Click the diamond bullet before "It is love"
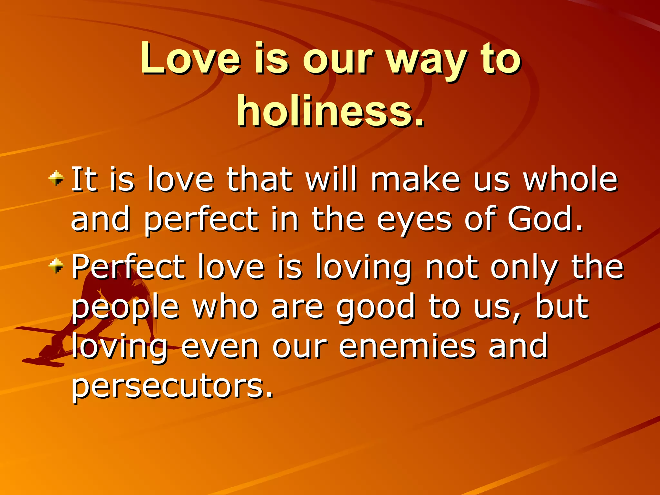tap(56, 178)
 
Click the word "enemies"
tap(407, 346)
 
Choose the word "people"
tap(125, 308)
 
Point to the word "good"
tap(376, 308)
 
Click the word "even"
tap(220, 346)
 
